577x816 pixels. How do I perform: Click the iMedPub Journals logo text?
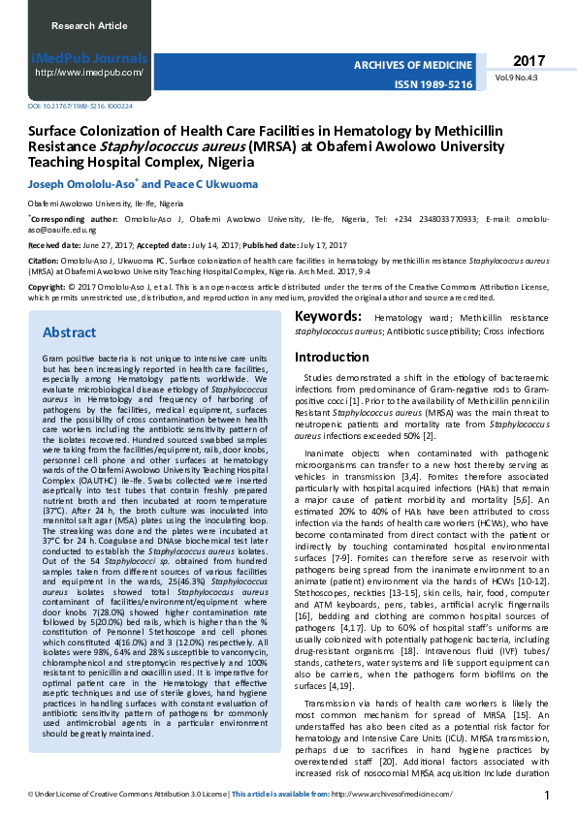coord(89,58)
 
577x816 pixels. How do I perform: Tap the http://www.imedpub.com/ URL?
coord(89,72)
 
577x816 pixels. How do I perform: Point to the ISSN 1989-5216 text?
coord(433,85)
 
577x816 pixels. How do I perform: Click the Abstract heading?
coord(69,332)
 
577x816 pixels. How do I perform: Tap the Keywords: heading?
coord(329,317)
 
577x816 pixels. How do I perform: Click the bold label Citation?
coord(43,261)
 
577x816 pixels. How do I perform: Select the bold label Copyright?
coord(47,288)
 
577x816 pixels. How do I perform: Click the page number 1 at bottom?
coord(547,796)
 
